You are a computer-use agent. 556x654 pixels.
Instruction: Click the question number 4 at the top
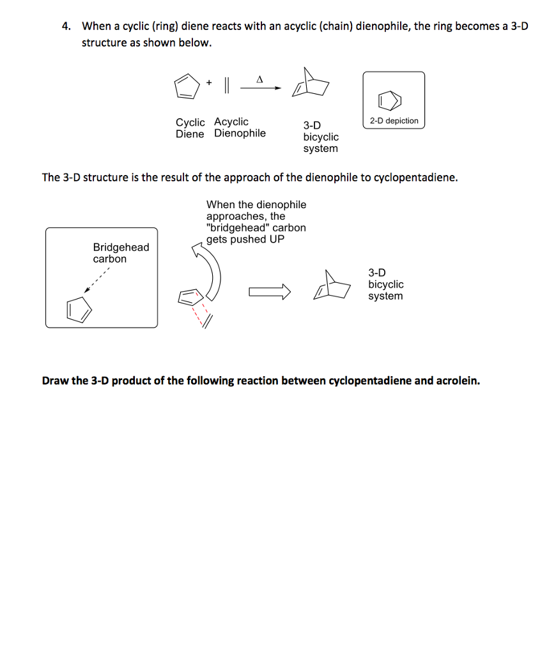click(x=65, y=27)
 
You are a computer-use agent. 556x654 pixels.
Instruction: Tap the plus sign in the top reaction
click(x=208, y=82)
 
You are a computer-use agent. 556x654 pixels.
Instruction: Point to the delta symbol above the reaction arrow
click(x=259, y=80)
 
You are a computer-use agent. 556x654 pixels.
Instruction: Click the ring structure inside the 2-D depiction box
click(x=391, y=100)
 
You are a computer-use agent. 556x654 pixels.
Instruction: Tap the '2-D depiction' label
click(x=394, y=121)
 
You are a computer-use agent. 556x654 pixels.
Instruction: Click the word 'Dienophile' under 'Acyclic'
click(x=240, y=133)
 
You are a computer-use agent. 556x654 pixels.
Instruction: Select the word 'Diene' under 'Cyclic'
click(x=190, y=133)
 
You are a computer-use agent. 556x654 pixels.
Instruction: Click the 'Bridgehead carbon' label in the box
click(x=121, y=253)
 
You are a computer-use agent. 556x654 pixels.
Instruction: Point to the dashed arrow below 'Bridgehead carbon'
click(x=97, y=280)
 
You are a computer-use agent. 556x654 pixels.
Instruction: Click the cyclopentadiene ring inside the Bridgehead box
click(x=80, y=309)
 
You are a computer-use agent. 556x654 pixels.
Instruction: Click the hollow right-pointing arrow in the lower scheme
click(x=269, y=293)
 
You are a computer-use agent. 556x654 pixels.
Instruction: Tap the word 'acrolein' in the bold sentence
click(x=457, y=381)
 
